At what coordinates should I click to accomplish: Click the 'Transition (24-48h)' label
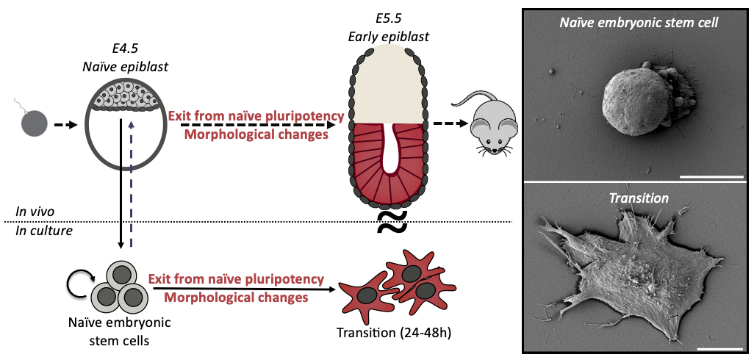(393, 331)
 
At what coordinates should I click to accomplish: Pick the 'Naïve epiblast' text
(124, 67)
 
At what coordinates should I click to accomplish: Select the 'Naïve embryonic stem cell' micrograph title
(638, 23)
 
